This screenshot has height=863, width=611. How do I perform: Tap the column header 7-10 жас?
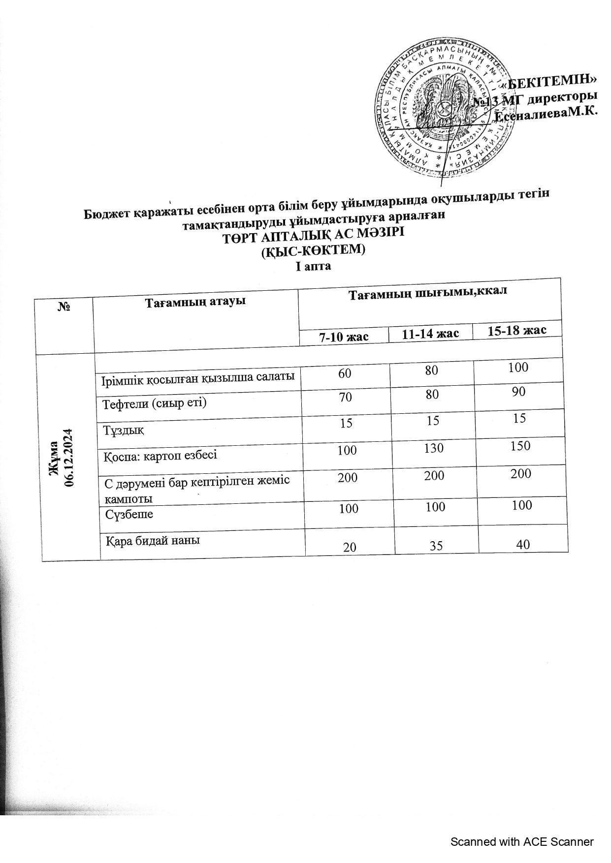pos(344,337)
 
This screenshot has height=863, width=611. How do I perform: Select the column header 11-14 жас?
pos(431,334)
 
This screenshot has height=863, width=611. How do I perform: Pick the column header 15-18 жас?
pos(517,330)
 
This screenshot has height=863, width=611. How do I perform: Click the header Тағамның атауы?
pos(195,301)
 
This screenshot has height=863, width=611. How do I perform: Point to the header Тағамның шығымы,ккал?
pos(428,294)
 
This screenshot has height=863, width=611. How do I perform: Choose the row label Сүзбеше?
pos(129,514)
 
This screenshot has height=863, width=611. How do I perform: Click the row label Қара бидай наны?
pos(154,540)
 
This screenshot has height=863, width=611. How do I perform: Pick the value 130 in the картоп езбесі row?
pos(433,448)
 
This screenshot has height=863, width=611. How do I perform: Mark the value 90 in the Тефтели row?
pos(518,392)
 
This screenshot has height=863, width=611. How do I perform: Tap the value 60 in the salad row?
pos(345,373)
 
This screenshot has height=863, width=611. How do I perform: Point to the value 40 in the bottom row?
pos(523,544)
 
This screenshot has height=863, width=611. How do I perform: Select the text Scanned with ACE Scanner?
pos(522,842)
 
